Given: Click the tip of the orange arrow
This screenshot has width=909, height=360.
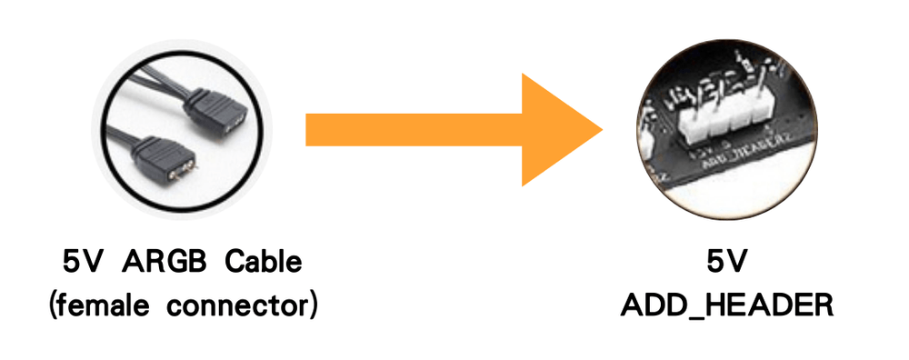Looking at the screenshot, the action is (x=602, y=130).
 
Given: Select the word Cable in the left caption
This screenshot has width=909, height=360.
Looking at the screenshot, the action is (x=264, y=263).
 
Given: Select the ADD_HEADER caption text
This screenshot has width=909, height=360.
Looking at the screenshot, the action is (x=727, y=305).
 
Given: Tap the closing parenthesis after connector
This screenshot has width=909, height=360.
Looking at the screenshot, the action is (x=313, y=305).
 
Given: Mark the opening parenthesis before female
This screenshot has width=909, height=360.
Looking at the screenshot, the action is (x=53, y=305).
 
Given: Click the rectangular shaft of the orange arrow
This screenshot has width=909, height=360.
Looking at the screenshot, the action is (x=414, y=130).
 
